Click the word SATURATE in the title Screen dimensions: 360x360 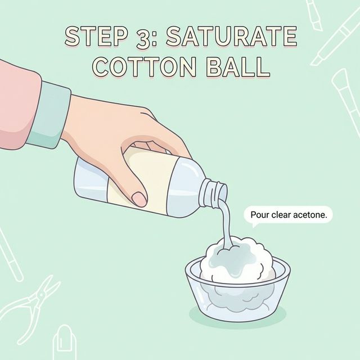pos(241,37)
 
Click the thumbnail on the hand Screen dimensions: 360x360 pos(138,199)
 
